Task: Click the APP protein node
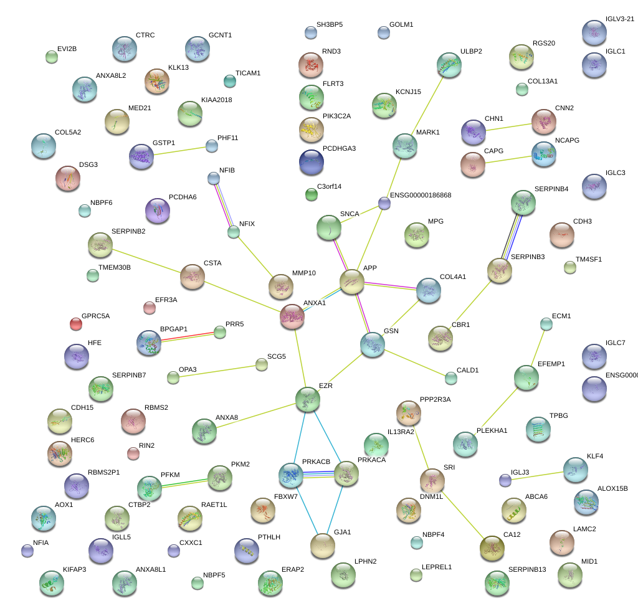(x=352, y=282)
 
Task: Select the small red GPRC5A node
(x=76, y=324)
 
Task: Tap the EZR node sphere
(x=308, y=399)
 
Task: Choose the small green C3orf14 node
(x=312, y=195)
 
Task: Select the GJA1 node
(x=323, y=546)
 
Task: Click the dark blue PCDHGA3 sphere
(x=312, y=162)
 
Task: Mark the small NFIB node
(x=214, y=179)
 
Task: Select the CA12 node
(x=493, y=547)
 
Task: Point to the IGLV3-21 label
(x=620, y=19)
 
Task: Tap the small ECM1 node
(x=546, y=324)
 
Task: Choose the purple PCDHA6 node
(x=157, y=211)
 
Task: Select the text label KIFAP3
(x=75, y=569)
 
